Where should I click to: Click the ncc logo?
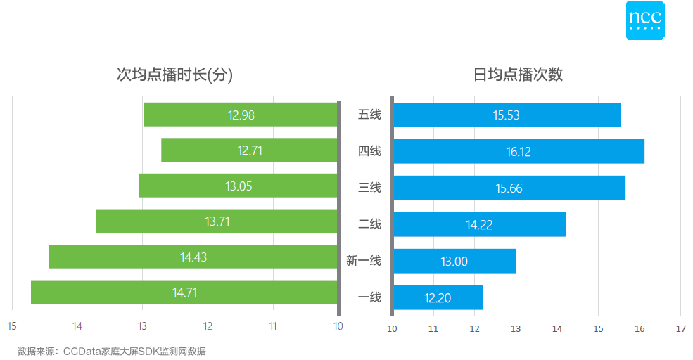click(x=645, y=20)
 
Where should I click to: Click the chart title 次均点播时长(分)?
click(x=174, y=75)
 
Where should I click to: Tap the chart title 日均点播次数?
click(x=518, y=75)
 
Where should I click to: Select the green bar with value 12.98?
click(x=241, y=115)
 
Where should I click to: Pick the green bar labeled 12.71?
click(x=250, y=150)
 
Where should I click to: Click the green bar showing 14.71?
click(x=184, y=292)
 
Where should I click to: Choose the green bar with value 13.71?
click(x=217, y=221)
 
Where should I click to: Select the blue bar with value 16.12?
click(x=519, y=151)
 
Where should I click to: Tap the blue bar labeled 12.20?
click(x=438, y=297)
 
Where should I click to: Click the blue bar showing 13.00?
click(x=454, y=262)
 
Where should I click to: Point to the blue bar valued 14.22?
click(x=479, y=225)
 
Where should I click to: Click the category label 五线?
click(x=369, y=115)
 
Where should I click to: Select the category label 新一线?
click(x=364, y=261)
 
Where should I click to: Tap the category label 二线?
click(x=369, y=224)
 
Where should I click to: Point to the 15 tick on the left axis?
click(x=12, y=326)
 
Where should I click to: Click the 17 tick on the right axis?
click(x=680, y=328)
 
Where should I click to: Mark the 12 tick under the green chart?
click(x=208, y=326)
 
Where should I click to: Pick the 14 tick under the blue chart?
click(x=557, y=328)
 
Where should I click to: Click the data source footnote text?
click(x=112, y=350)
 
